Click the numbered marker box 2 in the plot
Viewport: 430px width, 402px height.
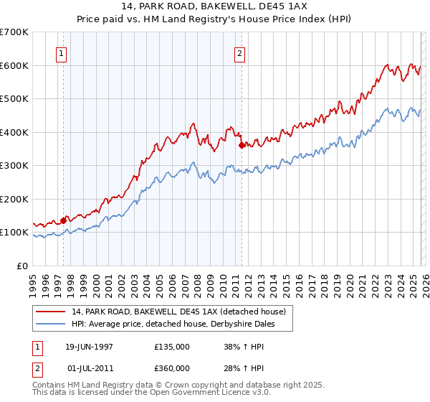point(239,53)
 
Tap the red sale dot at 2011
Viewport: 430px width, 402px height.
point(242,145)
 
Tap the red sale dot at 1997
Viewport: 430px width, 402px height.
point(64,220)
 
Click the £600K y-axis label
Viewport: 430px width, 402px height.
point(14,65)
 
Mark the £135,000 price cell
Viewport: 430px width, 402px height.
point(172,346)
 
